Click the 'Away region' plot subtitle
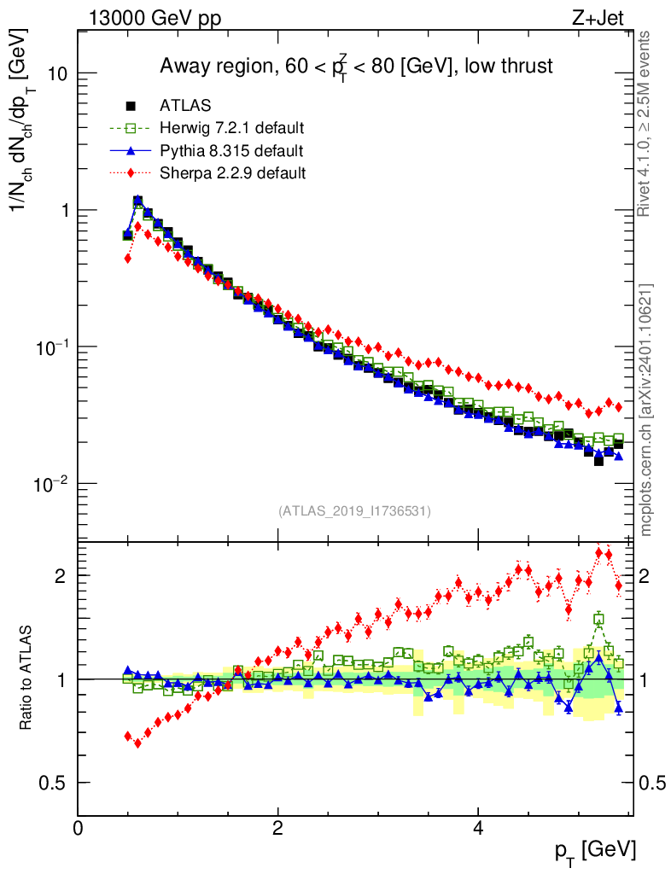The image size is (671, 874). coord(356,67)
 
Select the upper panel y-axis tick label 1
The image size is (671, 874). coord(64,210)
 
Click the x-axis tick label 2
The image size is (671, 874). coord(277,828)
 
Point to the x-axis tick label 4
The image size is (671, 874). coord(478,828)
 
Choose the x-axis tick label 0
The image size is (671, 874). coord(78,828)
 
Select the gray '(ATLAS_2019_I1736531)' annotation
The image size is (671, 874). coord(354,511)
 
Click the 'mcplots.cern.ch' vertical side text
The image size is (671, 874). coord(647,410)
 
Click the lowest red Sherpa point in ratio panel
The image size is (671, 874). coord(137,743)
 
